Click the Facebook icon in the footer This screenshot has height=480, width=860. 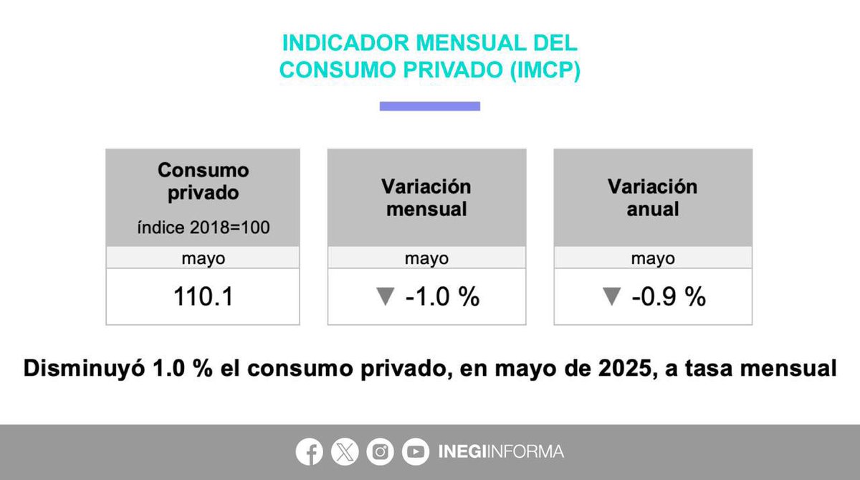point(310,452)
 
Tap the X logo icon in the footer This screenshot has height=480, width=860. point(345,452)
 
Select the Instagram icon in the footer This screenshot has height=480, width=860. point(381,452)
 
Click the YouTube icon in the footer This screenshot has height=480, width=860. point(416,452)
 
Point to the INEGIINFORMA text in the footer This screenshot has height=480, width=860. point(500,452)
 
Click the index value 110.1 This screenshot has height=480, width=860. point(203,297)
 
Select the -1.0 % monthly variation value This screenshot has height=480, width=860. point(442,297)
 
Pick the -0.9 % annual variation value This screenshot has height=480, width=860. point(669,297)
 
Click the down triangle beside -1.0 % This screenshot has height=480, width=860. point(386,297)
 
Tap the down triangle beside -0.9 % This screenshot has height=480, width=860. point(611,297)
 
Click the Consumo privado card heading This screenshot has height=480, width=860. point(203,182)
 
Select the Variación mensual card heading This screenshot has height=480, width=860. point(426,198)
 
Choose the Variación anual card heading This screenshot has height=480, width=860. point(652,198)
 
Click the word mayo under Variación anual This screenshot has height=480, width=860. point(652,258)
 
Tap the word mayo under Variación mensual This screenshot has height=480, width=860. point(426,258)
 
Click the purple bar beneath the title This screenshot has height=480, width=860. point(429,106)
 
